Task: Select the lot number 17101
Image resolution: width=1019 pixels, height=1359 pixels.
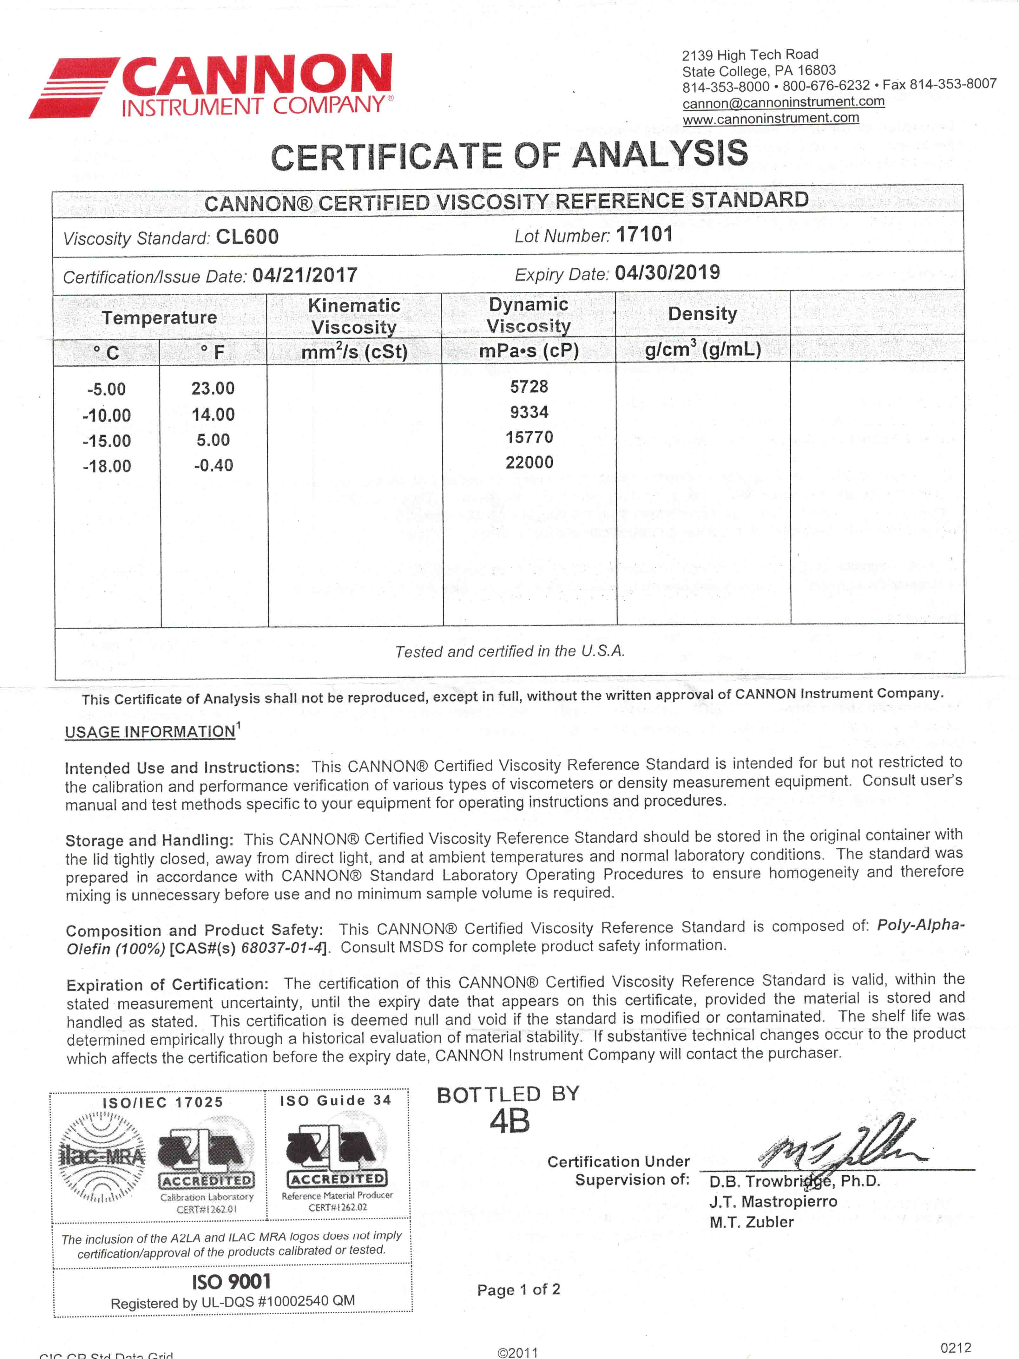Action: (644, 235)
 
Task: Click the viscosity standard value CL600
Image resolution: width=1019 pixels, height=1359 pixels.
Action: (247, 237)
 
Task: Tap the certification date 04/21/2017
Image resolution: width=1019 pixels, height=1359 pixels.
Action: (305, 275)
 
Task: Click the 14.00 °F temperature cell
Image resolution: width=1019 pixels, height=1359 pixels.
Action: (213, 415)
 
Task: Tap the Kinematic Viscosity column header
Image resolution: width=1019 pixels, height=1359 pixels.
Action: (354, 316)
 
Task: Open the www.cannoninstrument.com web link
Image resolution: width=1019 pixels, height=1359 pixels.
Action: (771, 119)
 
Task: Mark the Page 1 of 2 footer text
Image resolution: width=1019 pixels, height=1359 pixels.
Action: (518, 1290)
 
